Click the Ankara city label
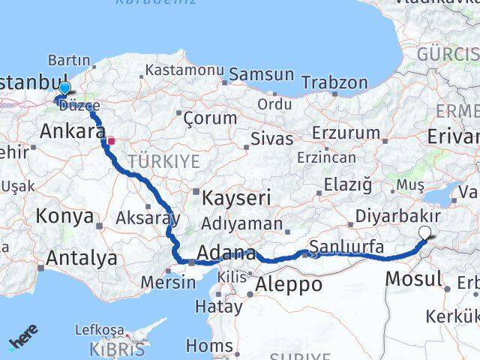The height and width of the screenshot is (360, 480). (x=72, y=132)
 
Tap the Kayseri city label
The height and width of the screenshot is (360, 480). (x=236, y=198)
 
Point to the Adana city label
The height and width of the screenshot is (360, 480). (x=226, y=253)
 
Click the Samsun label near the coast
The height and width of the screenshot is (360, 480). (x=261, y=75)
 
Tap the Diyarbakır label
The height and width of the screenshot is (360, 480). (x=409, y=215)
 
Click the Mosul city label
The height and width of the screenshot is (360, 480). (x=413, y=280)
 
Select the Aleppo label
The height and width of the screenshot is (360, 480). (x=289, y=285)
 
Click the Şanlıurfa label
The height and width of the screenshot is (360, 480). (x=346, y=246)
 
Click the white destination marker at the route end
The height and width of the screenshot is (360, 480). (x=426, y=233)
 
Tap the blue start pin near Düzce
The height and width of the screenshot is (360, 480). (x=64, y=88)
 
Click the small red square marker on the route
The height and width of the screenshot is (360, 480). (x=111, y=140)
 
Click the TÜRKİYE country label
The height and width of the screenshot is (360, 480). (x=163, y=161)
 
